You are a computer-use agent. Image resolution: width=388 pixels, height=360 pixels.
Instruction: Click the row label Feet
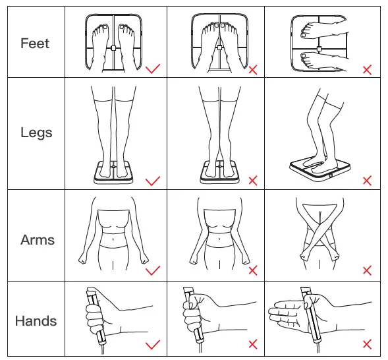(x=35, y=44)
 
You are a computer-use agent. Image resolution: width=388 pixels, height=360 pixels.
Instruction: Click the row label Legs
(x=36, y=133)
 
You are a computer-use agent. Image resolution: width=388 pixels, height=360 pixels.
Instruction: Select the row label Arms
(x=37, y=239)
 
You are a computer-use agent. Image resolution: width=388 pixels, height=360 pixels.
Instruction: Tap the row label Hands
(x=36, y=321)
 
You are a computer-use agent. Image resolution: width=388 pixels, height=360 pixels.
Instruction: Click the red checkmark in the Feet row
(x=153, y=68)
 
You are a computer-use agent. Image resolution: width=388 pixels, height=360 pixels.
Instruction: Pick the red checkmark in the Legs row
(x=153, y=180)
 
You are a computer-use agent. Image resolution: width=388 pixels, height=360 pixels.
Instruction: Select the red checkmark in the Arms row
(x=153, y=270)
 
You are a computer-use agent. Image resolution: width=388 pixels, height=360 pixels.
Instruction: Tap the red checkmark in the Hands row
(x=153, y=344)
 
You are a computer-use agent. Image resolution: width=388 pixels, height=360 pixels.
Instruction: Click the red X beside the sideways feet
(x=368, y=69)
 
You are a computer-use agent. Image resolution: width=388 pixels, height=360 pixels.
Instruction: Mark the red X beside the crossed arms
(x=368, y=270)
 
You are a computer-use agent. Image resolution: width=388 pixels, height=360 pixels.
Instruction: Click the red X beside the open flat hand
(x=368, y=344)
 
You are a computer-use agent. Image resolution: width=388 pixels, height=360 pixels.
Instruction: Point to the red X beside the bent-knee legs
(x=368, y=180)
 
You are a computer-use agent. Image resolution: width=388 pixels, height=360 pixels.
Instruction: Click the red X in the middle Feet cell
(x=253, y=69)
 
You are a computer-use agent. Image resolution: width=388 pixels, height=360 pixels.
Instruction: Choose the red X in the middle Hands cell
(x=253, y=344)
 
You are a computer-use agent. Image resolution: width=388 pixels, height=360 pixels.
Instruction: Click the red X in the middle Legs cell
(x=253, y=180)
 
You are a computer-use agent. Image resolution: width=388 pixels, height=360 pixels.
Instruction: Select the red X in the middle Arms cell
(x=253, y=270)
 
